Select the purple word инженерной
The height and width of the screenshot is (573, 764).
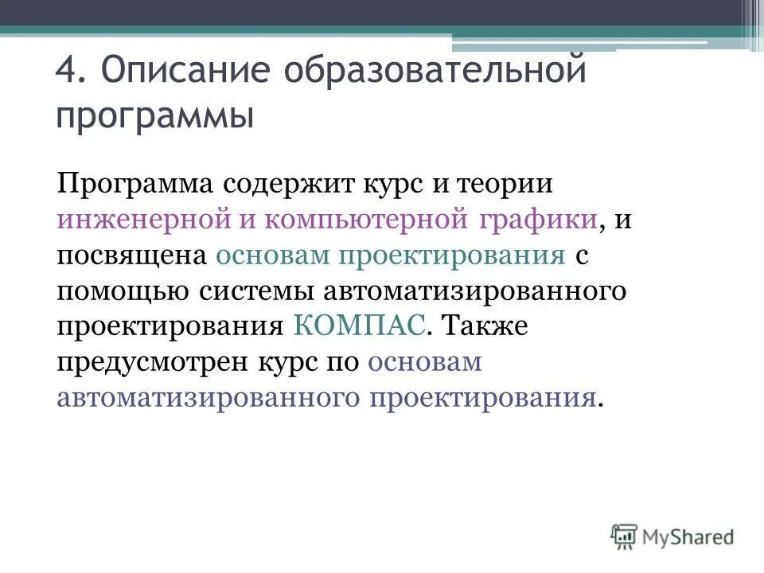point(142,220)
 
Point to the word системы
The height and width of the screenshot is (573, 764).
point(253,290)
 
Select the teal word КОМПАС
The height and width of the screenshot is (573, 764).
point(361,325)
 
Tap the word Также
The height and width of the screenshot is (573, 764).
point(484,325)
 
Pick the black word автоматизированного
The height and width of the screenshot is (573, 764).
point(474,290)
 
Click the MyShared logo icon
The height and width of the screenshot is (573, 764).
point(625,536)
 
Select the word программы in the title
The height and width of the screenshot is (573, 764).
point(155,117)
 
